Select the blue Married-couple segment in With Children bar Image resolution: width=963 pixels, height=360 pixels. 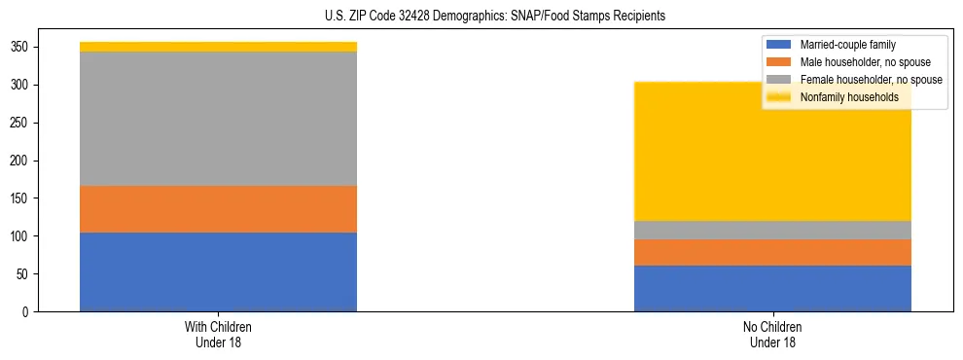pyautogui.click(x=218, y=271)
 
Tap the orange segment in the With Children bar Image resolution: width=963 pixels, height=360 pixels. pyautogui.click(x=218, y=208)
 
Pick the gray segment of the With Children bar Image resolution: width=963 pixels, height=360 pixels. pyautogui.click(x=218, y=118)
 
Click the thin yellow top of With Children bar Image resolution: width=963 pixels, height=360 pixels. pyautogui.click(x=218, y=47)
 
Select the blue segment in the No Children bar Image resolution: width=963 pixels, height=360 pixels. pyautogui.click(x=772, y=288)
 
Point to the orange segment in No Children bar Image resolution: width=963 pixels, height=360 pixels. pyautogui.click(x=772, y=252)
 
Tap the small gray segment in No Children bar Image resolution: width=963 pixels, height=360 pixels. pyautogui.click(x=772, y=230)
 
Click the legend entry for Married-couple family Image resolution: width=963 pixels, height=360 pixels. pyautogui.click(x=847, y=45)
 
